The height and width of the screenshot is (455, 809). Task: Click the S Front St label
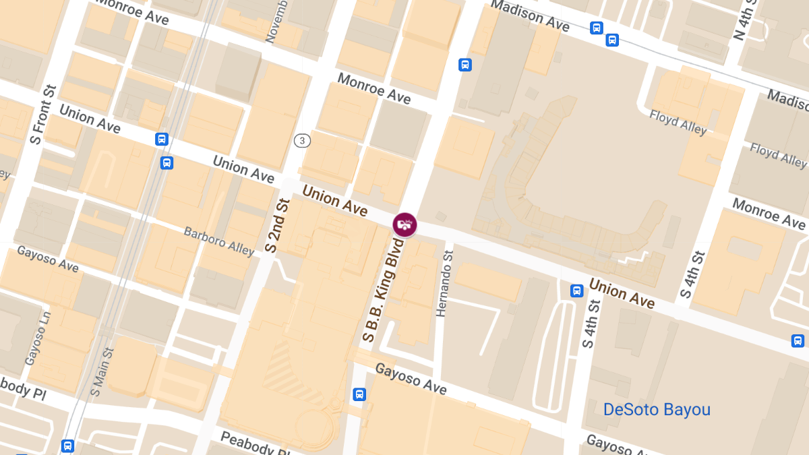pos(40,114)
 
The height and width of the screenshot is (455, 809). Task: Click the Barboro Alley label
pos(219,241)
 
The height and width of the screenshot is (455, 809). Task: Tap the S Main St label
pos(101,371)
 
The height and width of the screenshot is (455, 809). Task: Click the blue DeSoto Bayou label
pos(657,409)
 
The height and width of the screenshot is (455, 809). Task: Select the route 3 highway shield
pos(302,140)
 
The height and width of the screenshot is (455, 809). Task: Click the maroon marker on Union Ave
pos(404,224)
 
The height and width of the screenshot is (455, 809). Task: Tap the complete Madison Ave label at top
pos(530,15)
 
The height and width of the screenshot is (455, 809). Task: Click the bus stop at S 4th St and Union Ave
pos(576,291)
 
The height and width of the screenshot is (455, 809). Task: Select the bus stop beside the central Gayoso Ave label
pos(359,394)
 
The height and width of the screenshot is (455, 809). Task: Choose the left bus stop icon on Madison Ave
pos(596,28)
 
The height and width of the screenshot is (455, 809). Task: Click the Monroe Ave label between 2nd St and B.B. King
pos(373,89)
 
